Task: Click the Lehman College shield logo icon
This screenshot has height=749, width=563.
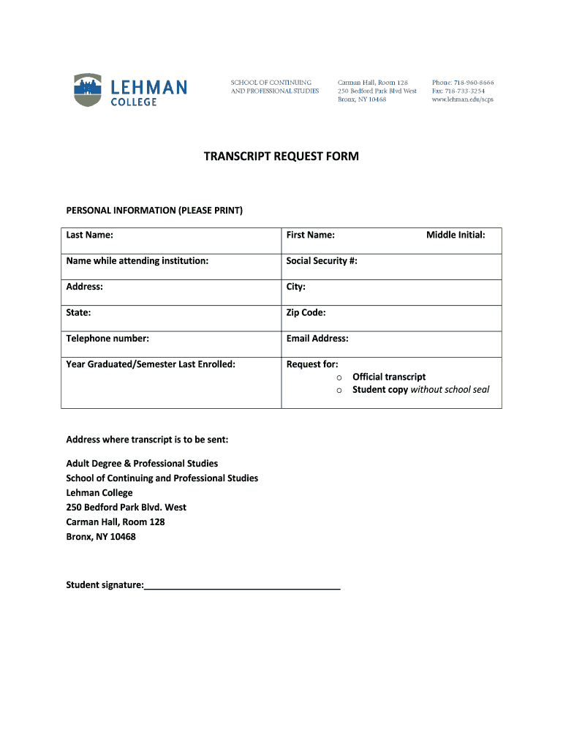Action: coord(87,90)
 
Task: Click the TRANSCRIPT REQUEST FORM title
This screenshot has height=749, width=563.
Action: coord(281,157)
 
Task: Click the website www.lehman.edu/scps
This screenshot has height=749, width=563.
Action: coord(462,99)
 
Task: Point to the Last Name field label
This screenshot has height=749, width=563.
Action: coord(89,235)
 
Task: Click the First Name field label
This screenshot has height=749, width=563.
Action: coord(310,235)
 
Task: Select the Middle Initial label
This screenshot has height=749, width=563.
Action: coord(456,235)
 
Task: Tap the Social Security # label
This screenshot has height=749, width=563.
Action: coord(322,261)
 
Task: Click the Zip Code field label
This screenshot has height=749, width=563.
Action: coord(306,312)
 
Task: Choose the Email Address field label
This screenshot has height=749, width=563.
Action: coord(317,339)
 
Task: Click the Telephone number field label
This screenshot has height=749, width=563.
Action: coord(107,339)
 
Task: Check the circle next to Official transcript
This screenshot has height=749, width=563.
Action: coord(339,377)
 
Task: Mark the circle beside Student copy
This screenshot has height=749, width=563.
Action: coord(339,391)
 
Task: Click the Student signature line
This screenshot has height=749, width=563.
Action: coord(242,586)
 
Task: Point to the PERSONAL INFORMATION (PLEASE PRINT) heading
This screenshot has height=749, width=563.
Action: coord(154,211)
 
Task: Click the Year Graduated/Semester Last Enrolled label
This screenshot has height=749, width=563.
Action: coord(151,364)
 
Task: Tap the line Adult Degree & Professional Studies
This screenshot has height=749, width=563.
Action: coord(142,464)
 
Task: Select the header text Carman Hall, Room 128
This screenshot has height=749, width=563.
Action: coord(372,83)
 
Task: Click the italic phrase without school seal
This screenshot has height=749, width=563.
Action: coord(450,390)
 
